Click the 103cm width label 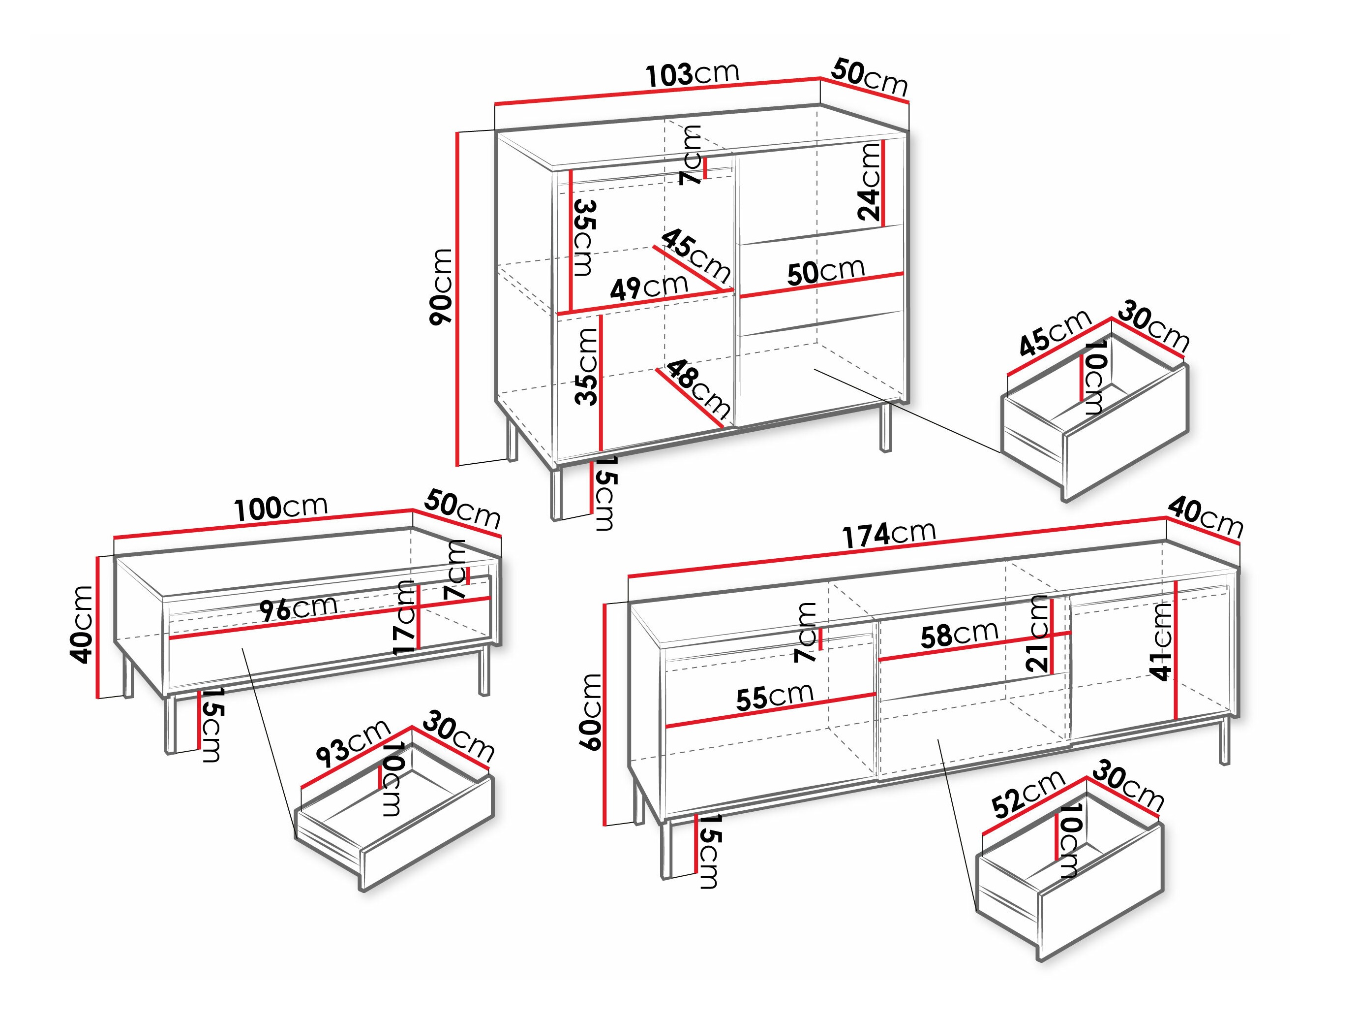pyautogui.click(x=693, y=74)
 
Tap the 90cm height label pyautogui.click(x=441, y=286)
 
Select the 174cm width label pyautogui.click(x=888, y=534)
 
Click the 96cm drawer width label pyautogui.click(x=298, y=608)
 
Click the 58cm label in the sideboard pyautogui.click(x=959, y=634)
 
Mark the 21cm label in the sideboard pyautogui.click(x=1038, y=633)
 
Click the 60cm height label pyautogui.click(x=592, y=711)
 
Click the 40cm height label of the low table pyautogui.click(x=82, y=625)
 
